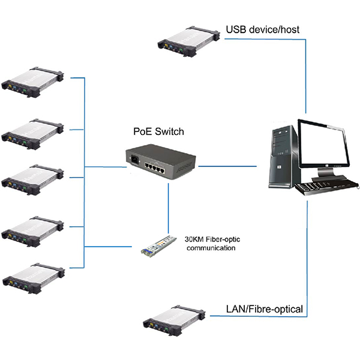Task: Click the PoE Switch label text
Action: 158,131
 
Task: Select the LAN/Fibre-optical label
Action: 263,310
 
